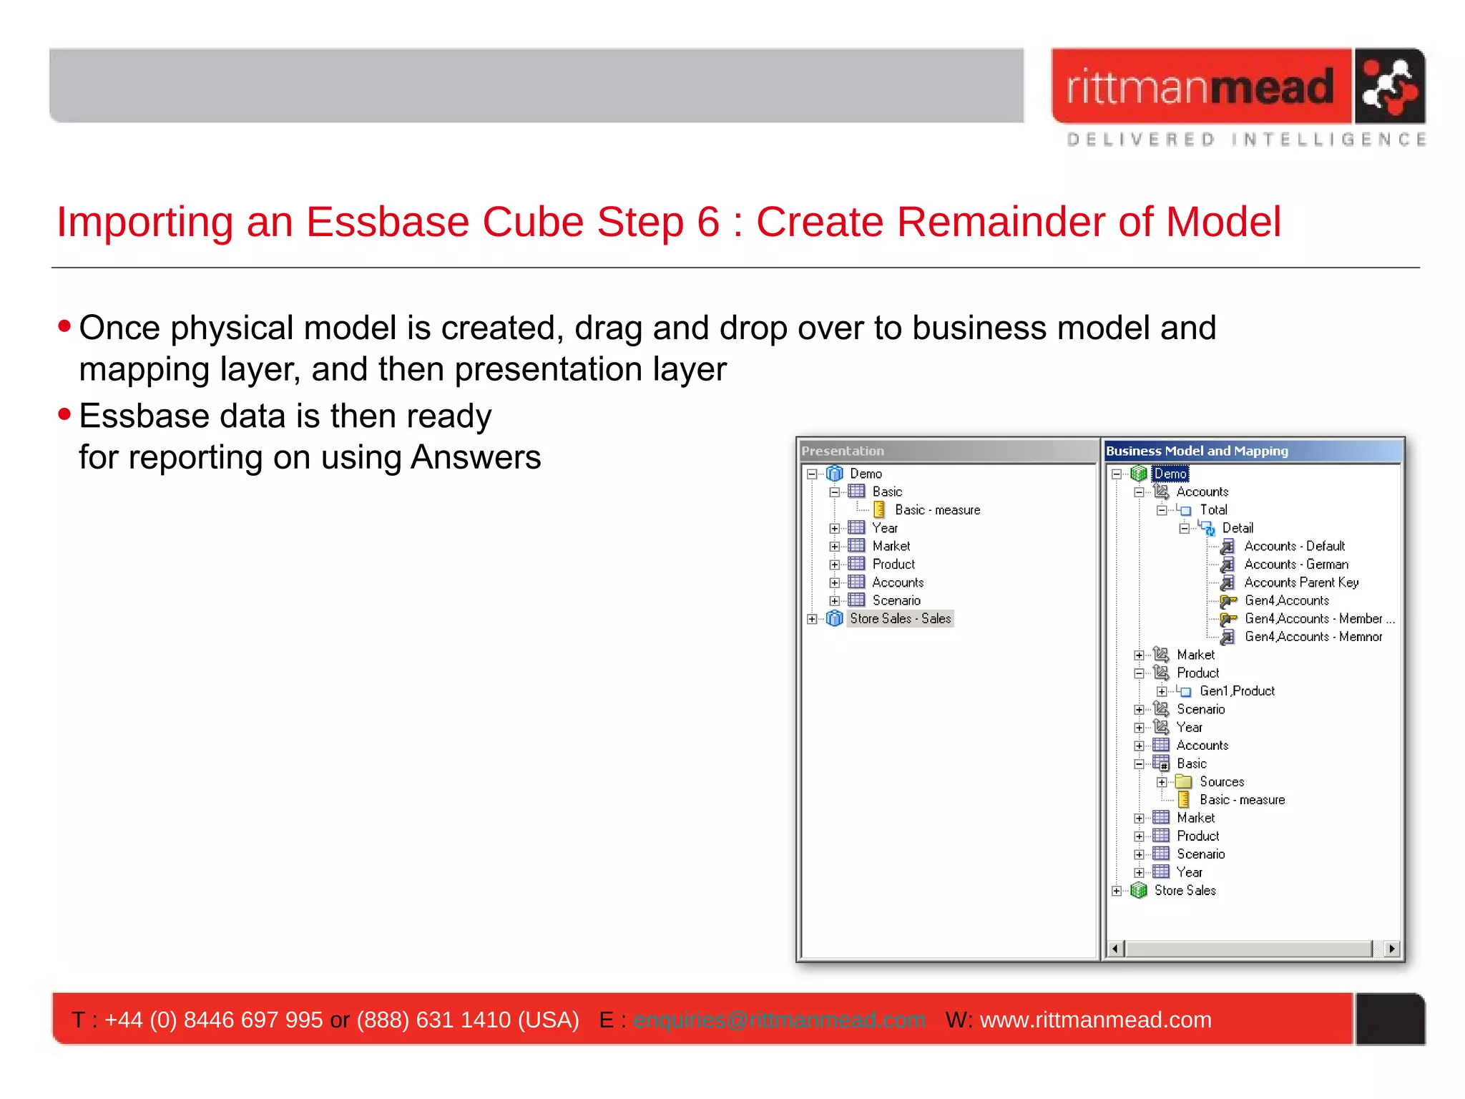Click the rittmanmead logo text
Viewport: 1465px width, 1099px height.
click(x=1200, y=87)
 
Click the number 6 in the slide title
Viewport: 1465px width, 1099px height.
click(x=707, y=222)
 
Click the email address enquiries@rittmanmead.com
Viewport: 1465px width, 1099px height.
click(x=779, y=1020)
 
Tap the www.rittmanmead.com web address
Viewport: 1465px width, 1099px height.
click(x=1095, y=1020)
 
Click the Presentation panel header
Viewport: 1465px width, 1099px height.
click(x=843, y=451)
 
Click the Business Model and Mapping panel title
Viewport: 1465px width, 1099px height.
click(x=1197, y=451)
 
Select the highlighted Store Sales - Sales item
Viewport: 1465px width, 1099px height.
click(x=900, y=619)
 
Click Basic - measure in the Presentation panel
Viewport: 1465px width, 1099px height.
click(x=937, y=510)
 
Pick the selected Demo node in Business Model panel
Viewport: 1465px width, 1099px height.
click(x=1170, y=474)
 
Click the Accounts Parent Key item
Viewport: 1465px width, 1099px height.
click(x=1300, y=582)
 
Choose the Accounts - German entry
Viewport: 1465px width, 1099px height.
click(x=1295, y=565)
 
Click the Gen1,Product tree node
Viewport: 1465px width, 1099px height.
click(x=1237, y=691)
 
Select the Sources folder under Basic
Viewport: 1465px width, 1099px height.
click(x=1221, y=782)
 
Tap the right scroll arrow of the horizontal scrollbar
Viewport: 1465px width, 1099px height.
click(x=1391, y=949)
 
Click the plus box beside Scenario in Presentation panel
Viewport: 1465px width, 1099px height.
click(x=834, y=601)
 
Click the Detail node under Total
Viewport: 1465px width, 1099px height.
click(x=1237, y=528)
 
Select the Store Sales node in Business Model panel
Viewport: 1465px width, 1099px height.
click(x=1185, y=891)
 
